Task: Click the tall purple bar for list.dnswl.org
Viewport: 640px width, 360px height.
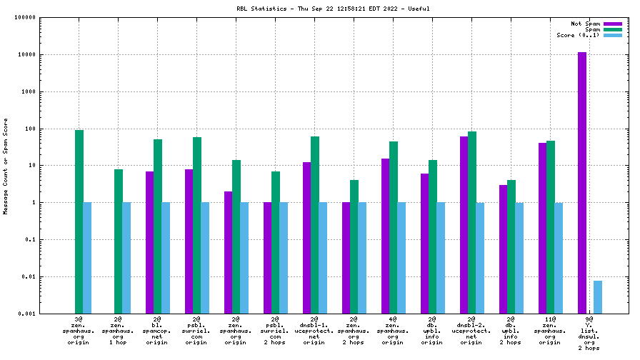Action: (582, 182)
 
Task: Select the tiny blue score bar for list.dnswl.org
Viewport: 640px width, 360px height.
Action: (598, 297)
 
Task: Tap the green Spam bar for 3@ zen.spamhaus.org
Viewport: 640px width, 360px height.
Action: (79, 221)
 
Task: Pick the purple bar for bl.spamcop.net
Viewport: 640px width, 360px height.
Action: (149, 242)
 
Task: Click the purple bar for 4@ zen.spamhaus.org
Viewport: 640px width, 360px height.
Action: (385, 236)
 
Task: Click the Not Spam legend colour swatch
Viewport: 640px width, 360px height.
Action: (613, 24)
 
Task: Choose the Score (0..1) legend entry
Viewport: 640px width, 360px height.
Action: (579, 35)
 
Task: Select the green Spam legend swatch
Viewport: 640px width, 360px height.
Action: (613, 29)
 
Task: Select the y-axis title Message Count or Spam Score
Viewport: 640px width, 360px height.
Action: (6, 166)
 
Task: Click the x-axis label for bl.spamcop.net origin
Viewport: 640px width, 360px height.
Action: (156, 329)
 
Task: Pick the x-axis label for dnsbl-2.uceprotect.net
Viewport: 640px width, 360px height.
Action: (471, 329)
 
